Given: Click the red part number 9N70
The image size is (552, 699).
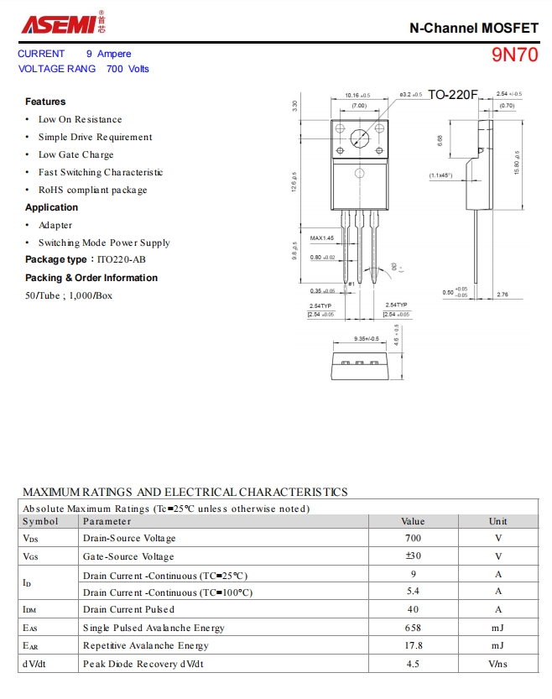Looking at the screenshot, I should click(514, 55).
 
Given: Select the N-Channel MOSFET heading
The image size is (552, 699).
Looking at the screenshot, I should click(473, 28).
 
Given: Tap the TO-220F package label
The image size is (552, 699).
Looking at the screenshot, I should click(452, 94).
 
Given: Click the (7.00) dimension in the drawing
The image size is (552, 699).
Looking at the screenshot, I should click(358, 106).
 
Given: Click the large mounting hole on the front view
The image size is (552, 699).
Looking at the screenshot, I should click(360, 138).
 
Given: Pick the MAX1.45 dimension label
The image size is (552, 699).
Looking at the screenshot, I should click(322, 238).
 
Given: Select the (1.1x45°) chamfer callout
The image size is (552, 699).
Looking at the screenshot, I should click(440, 175).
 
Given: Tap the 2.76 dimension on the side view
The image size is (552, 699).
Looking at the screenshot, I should click(503, 295).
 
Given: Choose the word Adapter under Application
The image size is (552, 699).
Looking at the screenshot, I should click(55, 225).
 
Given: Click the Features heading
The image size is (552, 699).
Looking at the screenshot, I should click(45, 102).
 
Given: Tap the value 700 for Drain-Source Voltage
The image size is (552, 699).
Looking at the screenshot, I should click(413, 538).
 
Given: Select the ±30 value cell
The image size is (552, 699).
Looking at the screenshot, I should click(413, 556).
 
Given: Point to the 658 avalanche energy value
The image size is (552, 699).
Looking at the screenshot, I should click(413, 628).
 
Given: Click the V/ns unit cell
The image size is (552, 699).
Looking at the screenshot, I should click(498, 664).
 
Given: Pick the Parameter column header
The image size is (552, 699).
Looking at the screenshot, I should click(107, 521).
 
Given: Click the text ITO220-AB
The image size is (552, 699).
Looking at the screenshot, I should click(122, 260).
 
